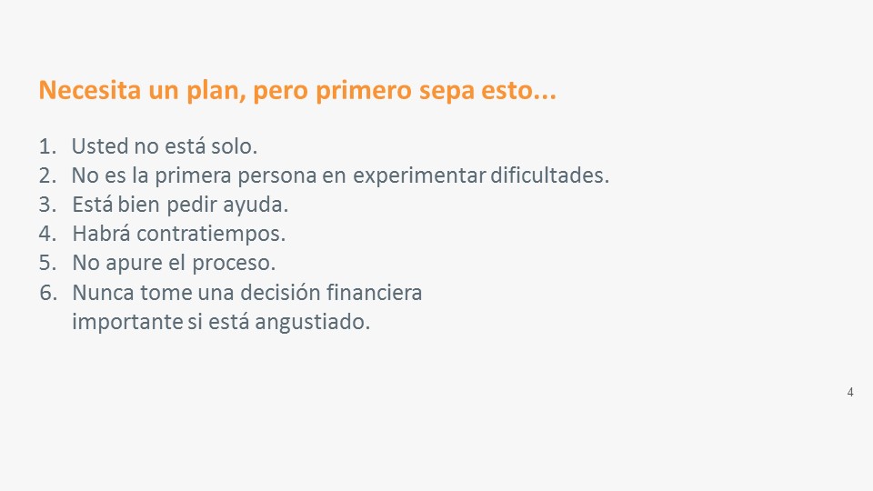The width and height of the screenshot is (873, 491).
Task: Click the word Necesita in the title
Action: [x=90, y=90]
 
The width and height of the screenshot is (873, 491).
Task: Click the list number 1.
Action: [x=47, y=146]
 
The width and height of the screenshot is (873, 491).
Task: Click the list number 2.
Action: [x=48, y=175]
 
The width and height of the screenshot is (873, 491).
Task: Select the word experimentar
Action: [x=420, y=176]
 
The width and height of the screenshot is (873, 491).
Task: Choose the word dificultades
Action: [x=549, y=175]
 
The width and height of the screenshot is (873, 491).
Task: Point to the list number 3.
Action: [x=48, y=205]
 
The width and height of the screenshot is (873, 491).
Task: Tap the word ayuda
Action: [x=256, y=205]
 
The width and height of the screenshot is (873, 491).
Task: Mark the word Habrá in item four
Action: [x=101, y=234]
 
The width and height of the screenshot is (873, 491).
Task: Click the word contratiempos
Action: [x=211, y=235]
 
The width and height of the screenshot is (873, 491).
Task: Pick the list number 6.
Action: [x=48, y=293]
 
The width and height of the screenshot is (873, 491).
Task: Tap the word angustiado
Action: [x=312, y=322]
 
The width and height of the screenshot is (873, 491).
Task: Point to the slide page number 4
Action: [x=850, y=393]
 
